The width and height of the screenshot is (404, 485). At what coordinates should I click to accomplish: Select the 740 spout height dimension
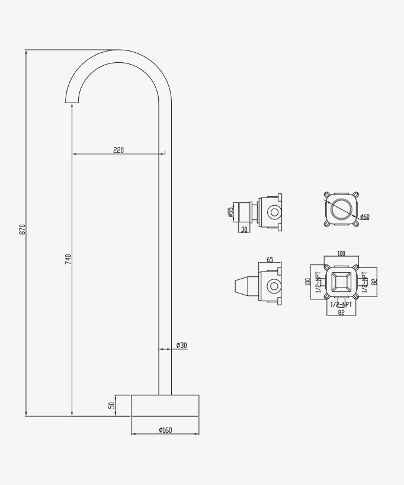click(x=68, y=259)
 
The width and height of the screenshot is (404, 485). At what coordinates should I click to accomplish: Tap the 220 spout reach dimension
click(x=118, y=150)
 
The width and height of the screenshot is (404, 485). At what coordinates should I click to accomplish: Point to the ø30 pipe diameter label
click(x=181, y=345)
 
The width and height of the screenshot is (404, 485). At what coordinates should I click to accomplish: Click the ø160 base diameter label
click(x=165, y=430)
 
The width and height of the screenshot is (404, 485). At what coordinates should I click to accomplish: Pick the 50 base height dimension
click(x=111, y=405)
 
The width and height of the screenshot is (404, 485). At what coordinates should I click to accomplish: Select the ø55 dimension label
click(x=230, y=212)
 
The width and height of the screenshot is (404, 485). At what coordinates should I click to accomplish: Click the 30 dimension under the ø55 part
click(x=244, y=229)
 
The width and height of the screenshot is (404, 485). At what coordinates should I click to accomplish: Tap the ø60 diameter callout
click(x=364, y=217)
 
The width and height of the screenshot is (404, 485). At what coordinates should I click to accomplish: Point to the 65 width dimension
click(x=270, y=260)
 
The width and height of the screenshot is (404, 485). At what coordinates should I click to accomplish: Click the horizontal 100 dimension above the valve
click(x=341, y=254)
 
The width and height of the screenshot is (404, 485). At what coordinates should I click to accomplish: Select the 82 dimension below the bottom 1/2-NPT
click(x=341, y=312)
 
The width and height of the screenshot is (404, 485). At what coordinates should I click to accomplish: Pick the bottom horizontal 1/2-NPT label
click(x=341, y=305)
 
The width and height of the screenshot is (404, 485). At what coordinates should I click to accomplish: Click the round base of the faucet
click(x=165, y=405)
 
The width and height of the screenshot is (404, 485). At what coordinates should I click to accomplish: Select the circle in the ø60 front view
click(x=341, y=209)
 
